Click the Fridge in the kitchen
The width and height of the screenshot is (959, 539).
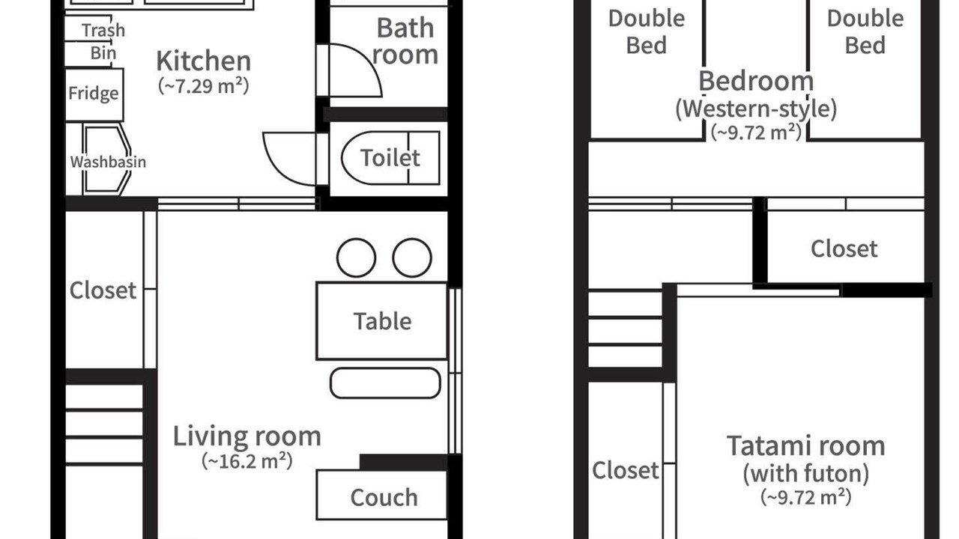(94, 94)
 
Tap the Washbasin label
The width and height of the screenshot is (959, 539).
(108, 162)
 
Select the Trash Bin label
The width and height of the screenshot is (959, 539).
(103, 41)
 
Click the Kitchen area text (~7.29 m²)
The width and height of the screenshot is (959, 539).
(203, 86)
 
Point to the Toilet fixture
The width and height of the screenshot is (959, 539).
(390, 158)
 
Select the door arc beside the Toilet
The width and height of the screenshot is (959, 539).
(278, 168)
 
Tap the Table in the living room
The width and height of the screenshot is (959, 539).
(382, 321)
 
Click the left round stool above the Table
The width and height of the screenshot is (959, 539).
(356, 258)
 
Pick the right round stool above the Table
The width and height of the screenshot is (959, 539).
(412, 258)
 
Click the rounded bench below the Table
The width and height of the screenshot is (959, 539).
(385, 383)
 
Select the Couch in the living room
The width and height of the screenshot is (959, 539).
(382, 496)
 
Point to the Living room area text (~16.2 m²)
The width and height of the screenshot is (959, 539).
(247, 461)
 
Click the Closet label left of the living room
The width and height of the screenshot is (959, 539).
(103, 290)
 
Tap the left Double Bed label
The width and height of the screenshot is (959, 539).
(647, 32)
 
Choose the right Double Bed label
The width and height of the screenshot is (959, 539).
(865, 32)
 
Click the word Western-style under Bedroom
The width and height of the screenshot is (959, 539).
(756, 109)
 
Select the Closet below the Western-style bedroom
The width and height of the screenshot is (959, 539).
(844, 249)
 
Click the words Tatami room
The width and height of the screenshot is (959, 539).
(806, 445)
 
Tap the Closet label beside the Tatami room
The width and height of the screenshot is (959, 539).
(626, 471)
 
